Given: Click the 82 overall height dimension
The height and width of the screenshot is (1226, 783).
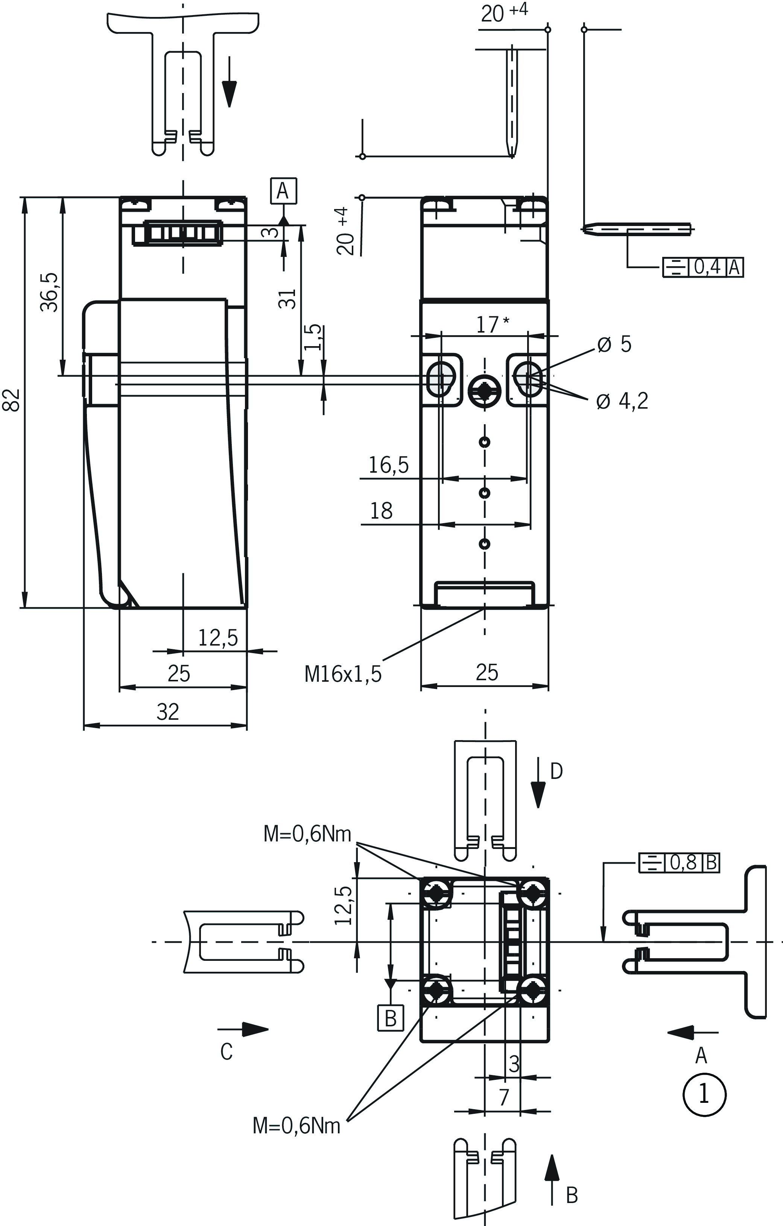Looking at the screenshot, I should click(12, 400).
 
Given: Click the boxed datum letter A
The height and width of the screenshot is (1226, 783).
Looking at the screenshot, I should click(283, 191).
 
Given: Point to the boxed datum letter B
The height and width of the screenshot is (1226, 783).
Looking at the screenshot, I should click(390, 1018).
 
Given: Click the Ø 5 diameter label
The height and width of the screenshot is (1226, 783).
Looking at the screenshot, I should click(614, 345).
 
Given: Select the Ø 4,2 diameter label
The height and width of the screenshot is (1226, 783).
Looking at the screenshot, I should click(622, 401).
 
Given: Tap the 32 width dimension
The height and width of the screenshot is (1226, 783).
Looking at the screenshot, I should click(167, 712).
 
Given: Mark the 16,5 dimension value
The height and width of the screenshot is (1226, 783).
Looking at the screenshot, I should click(388, 465).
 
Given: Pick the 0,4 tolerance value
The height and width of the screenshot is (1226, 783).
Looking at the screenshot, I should click(708, 267).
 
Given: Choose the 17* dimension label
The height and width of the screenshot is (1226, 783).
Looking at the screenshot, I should click(491, 324).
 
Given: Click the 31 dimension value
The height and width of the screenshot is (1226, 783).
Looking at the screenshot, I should click(287, 298).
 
